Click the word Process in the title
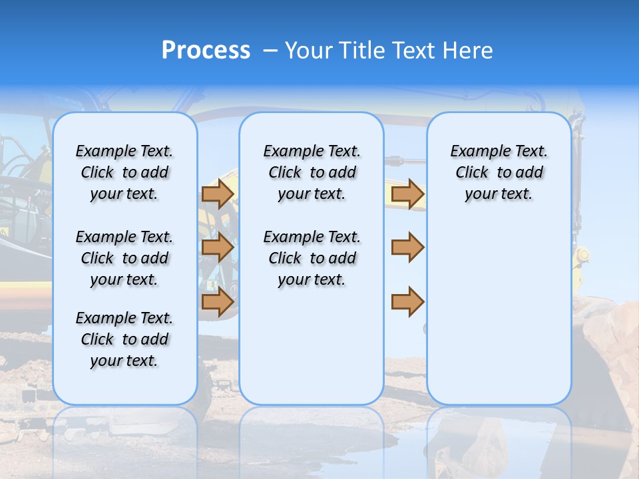pyautogui.click(x=205, y=51)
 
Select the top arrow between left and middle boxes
pyautogui.click(x=217, y=194)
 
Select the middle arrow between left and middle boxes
pyautogui.click(x=217, y=247)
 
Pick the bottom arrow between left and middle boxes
pyautogui.click(x=217, y=302)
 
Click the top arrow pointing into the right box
pyautogui.click(x=407, y=194)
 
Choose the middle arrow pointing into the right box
pyautogui.click(x=407, y=247)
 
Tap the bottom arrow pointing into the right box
pyautogui.click(x=407, y=302)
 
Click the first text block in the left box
pyautogui.click(x=124, y=172)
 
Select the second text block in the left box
pyautogui.click(x=124, y=258)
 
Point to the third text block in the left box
pyautogui.click(x=124, y=339)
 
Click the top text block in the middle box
pyautogui.click(x=312, y=172)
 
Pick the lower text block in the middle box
pyautogui.click(x=312, y=258)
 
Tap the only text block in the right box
pyautogui.click(x=499, y=172)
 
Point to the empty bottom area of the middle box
pyautogui.click(x=312, y=353)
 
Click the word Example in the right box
pyautogui.click(x=473, y=152)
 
